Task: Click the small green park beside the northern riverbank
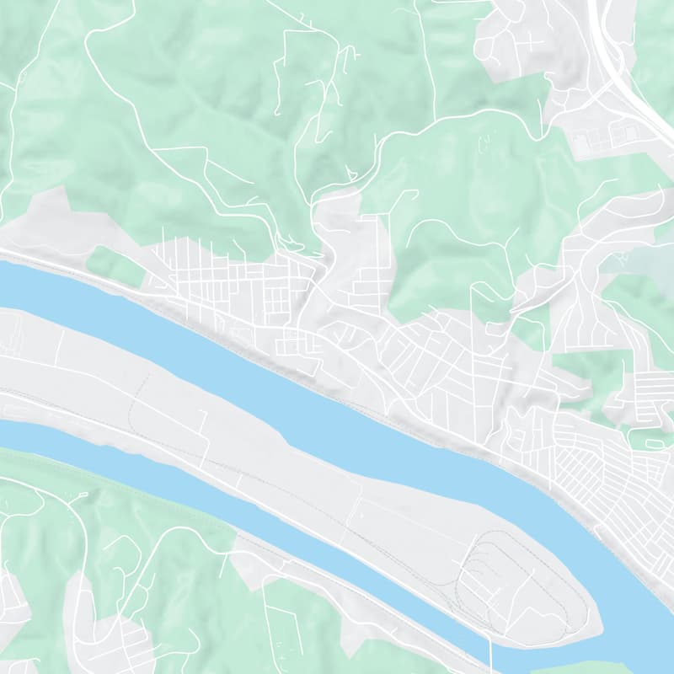tap(113, 263)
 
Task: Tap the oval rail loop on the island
tap(514, 581)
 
